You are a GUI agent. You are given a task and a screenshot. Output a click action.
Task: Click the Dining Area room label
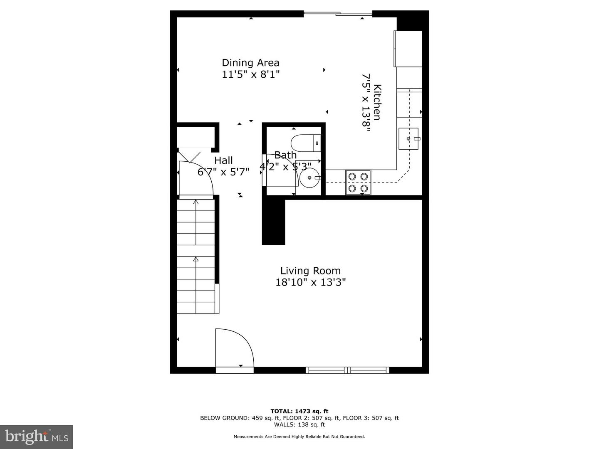250,63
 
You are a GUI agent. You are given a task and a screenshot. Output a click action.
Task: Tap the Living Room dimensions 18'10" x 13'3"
311,282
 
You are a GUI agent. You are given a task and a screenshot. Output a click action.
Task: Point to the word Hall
223,160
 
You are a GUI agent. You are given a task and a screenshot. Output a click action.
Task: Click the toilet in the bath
306,143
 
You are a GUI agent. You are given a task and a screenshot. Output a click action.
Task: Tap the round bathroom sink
310,178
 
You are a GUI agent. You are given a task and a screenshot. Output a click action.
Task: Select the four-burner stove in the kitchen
358,183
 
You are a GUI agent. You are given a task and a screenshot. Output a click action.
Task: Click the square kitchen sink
408,139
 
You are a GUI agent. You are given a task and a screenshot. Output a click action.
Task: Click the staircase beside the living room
196,257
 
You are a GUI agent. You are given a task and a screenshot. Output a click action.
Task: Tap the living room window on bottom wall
347,370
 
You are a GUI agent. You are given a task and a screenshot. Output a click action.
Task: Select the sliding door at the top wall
338,13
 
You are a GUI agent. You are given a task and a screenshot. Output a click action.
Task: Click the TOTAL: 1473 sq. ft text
299,411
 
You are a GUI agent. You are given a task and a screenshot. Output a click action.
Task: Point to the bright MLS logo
37,437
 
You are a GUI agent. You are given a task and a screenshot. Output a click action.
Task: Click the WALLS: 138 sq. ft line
299,424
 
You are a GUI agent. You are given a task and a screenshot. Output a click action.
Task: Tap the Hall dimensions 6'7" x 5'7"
223,172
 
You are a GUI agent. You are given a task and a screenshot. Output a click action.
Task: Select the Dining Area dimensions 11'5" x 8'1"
251,74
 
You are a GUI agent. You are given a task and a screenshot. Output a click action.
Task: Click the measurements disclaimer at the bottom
299,437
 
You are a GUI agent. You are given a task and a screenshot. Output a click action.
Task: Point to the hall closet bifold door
189,157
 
